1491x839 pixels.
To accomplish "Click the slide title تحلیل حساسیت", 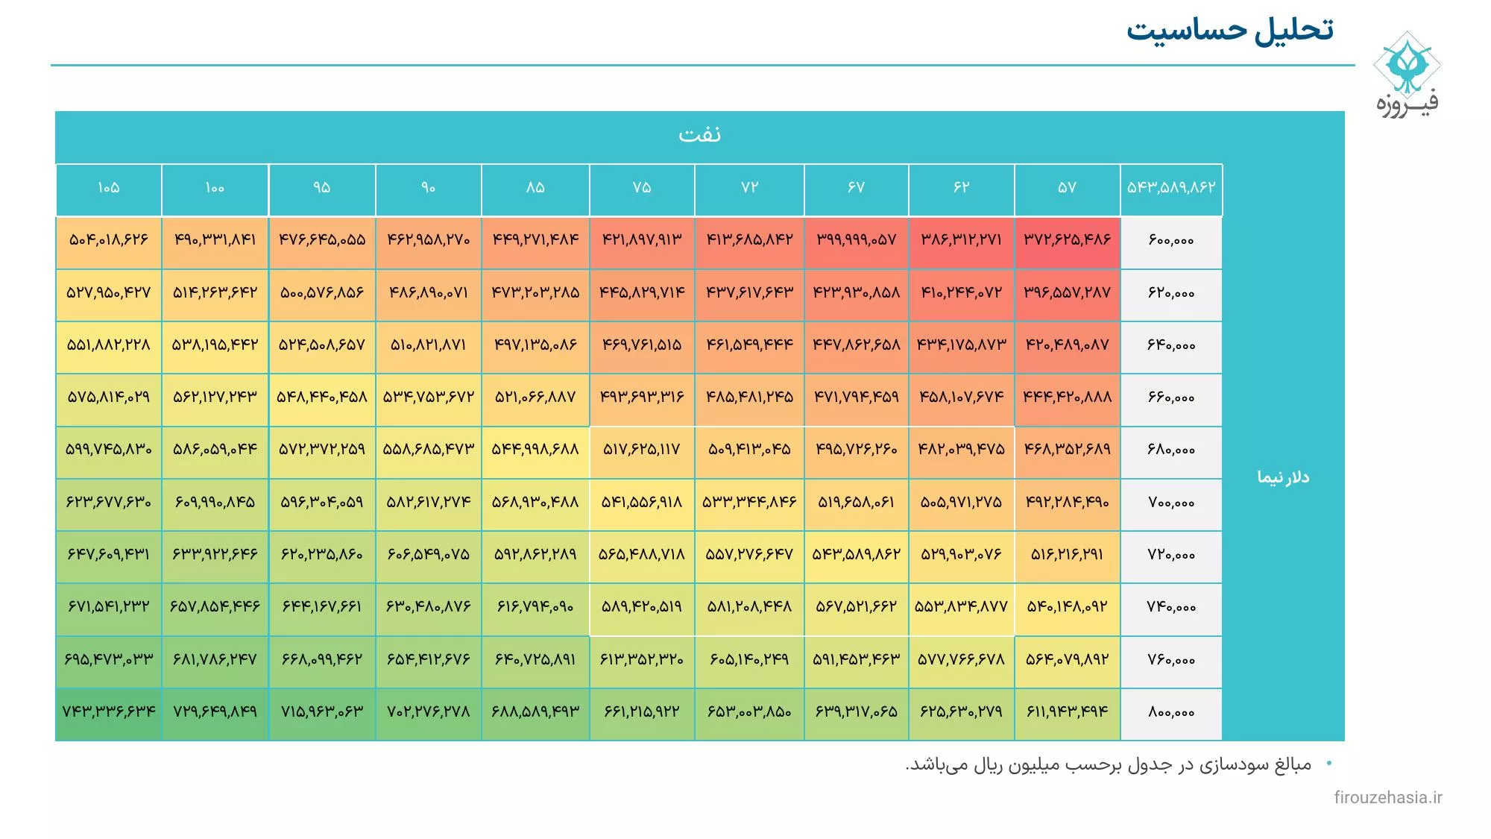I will (x=1229, y=31).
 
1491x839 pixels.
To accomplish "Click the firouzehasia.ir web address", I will (x=1387, y=797).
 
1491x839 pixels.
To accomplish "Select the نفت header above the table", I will (x=699, y=135).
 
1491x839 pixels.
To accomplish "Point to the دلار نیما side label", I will (x=1283, y=477).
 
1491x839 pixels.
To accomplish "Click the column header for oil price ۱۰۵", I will (x=109, y=188).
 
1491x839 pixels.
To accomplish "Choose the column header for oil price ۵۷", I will (x=1067, y=188).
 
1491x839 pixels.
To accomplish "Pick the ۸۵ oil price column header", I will (x=535, y=188).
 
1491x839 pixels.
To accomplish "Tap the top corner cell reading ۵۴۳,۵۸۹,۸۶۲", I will (x=1170, y=188).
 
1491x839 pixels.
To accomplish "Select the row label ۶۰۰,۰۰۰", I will (x=1170, y=240).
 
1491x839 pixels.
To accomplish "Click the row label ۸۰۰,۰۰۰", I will (x=1170, y=712).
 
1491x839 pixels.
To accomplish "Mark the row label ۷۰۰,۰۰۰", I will (x=1170, y=503).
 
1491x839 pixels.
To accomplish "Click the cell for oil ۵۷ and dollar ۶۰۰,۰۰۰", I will (x=1067, y=240).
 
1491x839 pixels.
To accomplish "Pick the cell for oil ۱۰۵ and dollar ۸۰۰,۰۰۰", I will (x=109, y=712).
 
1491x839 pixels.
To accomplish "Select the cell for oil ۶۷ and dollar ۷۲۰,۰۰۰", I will (x=856, y=555).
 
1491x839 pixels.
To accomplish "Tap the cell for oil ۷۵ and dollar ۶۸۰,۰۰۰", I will (x=641, y=450).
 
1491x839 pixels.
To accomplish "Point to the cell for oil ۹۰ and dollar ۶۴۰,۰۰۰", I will (x=428, y=345).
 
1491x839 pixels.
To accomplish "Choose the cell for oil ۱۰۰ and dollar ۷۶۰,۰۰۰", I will (x=215, y=660).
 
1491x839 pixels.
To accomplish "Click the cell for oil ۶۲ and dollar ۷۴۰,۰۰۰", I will (x=961, y=607).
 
